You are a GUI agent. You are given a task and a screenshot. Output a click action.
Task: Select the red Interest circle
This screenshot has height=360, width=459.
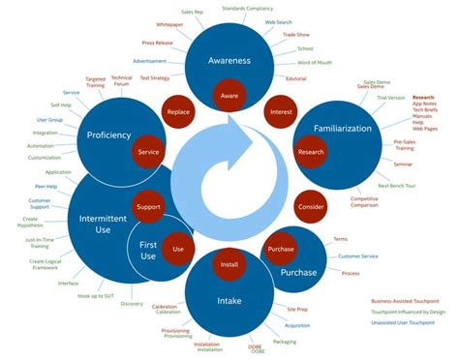tap(282, 112)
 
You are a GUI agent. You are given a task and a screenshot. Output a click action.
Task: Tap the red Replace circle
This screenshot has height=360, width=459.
tap(177, 112)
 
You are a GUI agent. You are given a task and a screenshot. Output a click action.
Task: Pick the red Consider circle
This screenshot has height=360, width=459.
tap(311, 207)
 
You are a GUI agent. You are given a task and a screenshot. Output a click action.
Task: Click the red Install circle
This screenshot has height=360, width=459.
tap(229, 264)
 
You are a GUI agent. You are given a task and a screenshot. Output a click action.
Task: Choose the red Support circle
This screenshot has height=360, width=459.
tap(148, 207)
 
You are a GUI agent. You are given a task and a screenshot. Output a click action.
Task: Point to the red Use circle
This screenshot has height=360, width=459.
tap(177, 249)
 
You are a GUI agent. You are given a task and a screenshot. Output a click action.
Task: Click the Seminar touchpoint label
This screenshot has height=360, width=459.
tap(403, 164)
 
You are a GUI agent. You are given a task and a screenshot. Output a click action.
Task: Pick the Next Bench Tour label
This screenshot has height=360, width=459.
tap(397, 185)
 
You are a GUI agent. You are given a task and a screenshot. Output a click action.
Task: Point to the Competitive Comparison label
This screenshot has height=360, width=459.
tap(365, 201)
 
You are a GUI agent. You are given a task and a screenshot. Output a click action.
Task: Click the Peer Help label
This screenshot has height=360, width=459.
tap(46, 186)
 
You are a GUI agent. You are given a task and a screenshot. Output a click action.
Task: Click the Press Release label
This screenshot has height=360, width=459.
tap(158, 43)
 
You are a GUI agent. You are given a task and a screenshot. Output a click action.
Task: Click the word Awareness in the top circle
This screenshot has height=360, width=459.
tap(229, 60)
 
